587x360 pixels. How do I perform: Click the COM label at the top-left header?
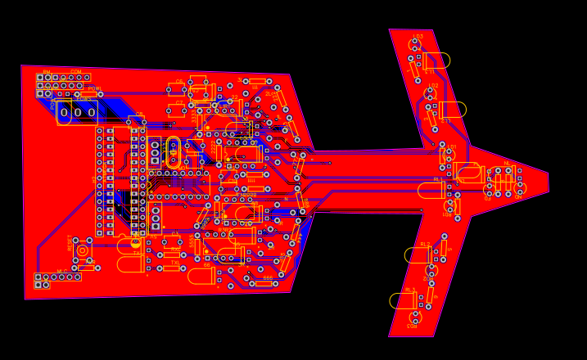tap(75, 71)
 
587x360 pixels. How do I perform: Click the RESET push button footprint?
tap(82, 250)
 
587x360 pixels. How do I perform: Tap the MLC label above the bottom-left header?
tap(62, 271)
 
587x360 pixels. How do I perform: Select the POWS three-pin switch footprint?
tap(77, 112)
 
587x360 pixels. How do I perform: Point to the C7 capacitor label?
tap(179, 103)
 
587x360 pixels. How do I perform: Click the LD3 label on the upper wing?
tap(418, 37)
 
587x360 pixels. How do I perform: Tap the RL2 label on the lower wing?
tap(424, 244)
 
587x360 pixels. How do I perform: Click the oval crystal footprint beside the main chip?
tap(173, 151)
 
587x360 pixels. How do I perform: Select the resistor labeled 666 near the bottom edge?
tap(264, 283)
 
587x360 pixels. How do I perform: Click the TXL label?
tap(175, 263)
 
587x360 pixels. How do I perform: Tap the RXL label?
tap(175, 248)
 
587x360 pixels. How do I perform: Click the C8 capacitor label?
tap(139, 115)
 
